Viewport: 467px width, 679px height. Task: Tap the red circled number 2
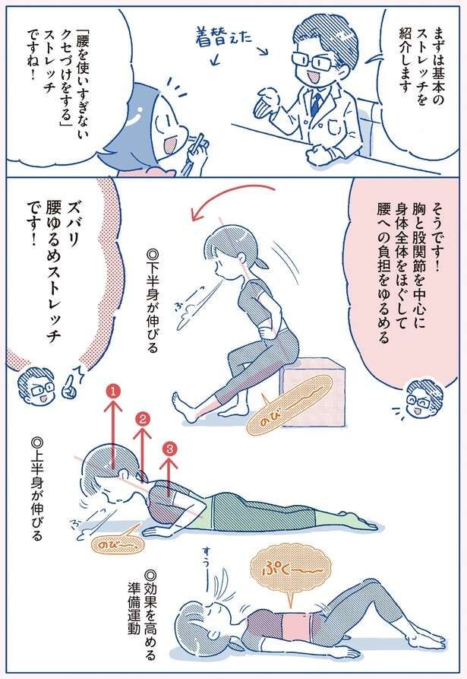143,418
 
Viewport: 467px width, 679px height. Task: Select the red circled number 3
169,449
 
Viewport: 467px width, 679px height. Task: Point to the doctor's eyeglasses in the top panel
312,60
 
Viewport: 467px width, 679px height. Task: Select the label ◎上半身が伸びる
38,489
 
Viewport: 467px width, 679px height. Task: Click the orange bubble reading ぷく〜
291,573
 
